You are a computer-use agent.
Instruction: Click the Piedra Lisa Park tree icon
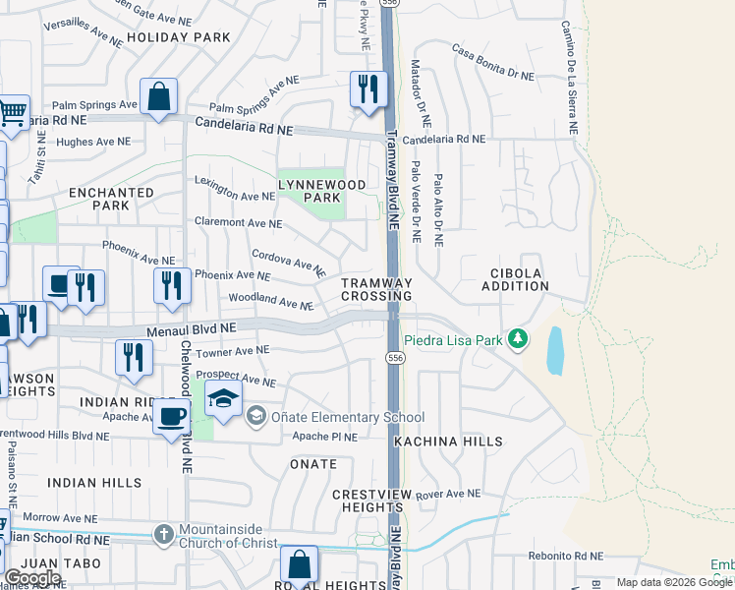click(517, 340)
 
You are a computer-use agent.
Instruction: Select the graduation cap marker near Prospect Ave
click(223, 399)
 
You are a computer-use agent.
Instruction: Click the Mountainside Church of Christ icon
click(164, 535)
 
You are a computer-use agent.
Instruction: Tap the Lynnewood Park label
click(321, 191)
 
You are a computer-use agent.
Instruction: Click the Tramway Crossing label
click(376, 289)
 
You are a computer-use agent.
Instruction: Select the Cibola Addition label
click(515, 279)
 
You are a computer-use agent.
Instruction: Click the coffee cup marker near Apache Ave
click(172, 417)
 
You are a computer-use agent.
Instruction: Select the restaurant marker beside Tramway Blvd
click(367, 89)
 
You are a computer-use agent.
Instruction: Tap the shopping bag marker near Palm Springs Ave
click(157, 96)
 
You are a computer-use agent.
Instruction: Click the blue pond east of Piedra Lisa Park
click(554, 350)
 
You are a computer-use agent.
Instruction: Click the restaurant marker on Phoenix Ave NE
click(172, 285)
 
